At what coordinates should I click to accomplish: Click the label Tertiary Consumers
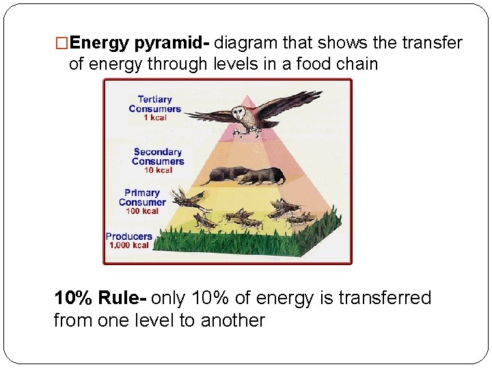coord(155,104)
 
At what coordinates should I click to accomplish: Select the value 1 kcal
coord(155,118)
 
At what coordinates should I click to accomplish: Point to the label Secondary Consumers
coord(158,156)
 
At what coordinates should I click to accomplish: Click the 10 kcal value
coord(158,170)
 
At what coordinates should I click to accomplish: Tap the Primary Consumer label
coord(142,197)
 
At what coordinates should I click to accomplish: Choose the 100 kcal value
coord(142,211)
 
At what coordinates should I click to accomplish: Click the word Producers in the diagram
coord(129,236)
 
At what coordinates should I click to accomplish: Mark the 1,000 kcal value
coord(129,245)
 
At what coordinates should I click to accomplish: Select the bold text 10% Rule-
coord(100,298)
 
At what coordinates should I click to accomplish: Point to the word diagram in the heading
coord(246,44)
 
